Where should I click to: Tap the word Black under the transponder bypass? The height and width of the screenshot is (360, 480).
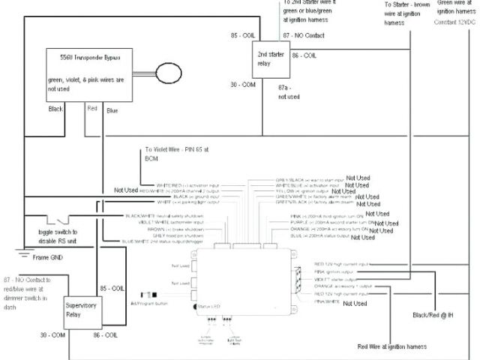(56, 109)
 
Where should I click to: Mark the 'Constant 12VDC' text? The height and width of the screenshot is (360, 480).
(455, 23)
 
